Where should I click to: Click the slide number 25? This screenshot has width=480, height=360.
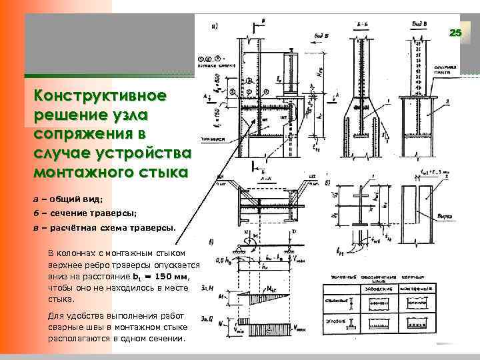(455, 33)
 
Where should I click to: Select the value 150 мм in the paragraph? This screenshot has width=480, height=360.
(173, 275)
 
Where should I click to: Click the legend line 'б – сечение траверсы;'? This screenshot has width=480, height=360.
(85, 213)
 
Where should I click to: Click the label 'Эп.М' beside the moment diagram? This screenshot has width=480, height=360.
(207, 288)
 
